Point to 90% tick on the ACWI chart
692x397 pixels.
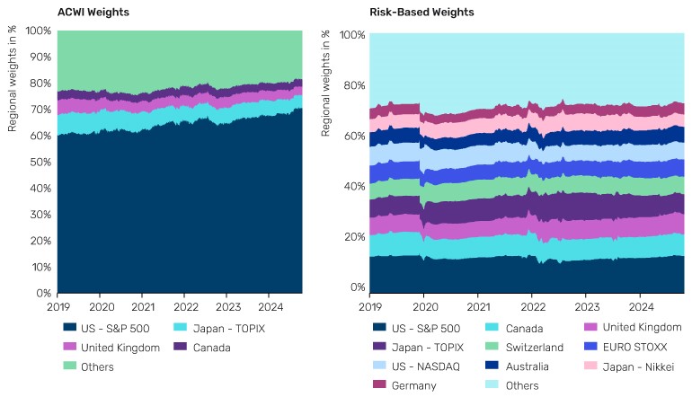40,57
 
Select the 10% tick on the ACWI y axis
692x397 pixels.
40,267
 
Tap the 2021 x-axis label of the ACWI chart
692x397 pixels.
142,306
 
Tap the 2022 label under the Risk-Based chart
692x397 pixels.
532,306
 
